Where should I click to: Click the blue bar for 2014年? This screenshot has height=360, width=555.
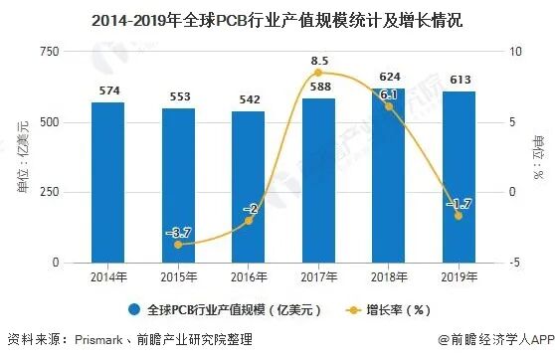pyautogui.click(x=107, y=183)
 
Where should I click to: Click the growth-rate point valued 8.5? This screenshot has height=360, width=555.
pyautogui.click(x=318, y=73)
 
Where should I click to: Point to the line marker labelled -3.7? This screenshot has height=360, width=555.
pyautogui.click(x=178, y=244)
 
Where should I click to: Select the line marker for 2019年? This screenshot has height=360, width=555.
pyautogui.click(x=459, y=216)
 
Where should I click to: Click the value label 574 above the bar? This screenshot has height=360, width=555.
pyautogui.click(x=107, y=92)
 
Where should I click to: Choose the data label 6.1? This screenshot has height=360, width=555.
pyautogui.click(x=389, y=94)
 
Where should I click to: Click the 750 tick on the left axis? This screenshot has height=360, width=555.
pyautogui.click(x=48, y=52)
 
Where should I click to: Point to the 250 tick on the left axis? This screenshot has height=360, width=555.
pyautogui.click(x=48, y=192)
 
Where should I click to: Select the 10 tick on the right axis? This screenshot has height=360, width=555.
pyautogui.click(x=515, y=52)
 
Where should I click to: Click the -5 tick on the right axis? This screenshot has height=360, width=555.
pyautogui.click(x=514, y=263)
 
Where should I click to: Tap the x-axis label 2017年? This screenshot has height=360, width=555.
pyautogui.click(x=318, y=276)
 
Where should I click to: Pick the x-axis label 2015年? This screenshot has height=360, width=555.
pyautogui.click(x=178, y=276)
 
